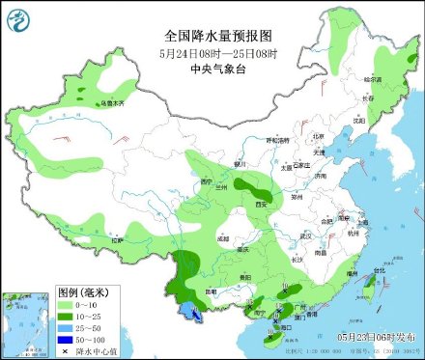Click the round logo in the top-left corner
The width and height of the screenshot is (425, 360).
pos(18,18)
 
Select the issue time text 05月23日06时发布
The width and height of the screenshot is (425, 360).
pos(378,336)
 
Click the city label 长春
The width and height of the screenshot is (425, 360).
pos(368,97)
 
